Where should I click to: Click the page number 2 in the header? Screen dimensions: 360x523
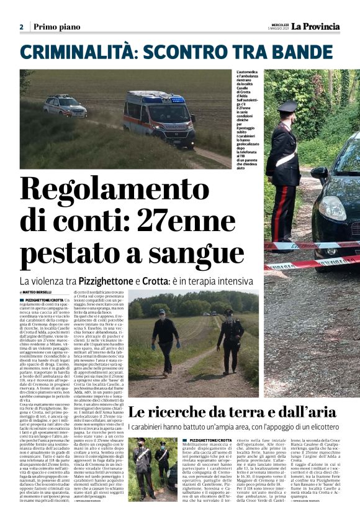(21, 27)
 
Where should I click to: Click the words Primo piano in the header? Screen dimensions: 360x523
(55, 27)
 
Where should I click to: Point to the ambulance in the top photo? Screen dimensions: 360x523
(158, 117)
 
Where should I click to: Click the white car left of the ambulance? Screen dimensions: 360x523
(65, 106)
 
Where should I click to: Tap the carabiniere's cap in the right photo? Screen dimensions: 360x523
(287, 106)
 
